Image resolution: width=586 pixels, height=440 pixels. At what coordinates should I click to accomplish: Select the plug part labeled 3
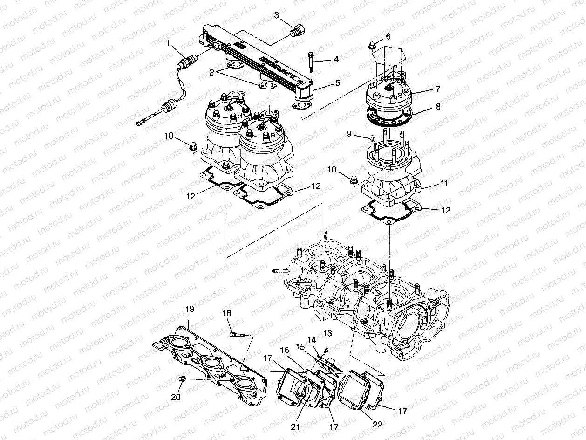pos(297,32)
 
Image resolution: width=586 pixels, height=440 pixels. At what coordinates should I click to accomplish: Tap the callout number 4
pos(336,60)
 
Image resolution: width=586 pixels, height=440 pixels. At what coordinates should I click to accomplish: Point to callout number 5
pos(338,83)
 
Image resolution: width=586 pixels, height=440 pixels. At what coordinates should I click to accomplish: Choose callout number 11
pos(444,184)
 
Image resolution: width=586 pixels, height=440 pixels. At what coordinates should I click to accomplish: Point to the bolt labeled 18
pos(238,334)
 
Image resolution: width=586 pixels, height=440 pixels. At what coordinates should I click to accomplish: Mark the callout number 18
pos(227,314)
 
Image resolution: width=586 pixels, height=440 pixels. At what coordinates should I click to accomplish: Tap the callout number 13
pos(328,333)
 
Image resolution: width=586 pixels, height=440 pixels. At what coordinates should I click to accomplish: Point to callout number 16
pos(284,350)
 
